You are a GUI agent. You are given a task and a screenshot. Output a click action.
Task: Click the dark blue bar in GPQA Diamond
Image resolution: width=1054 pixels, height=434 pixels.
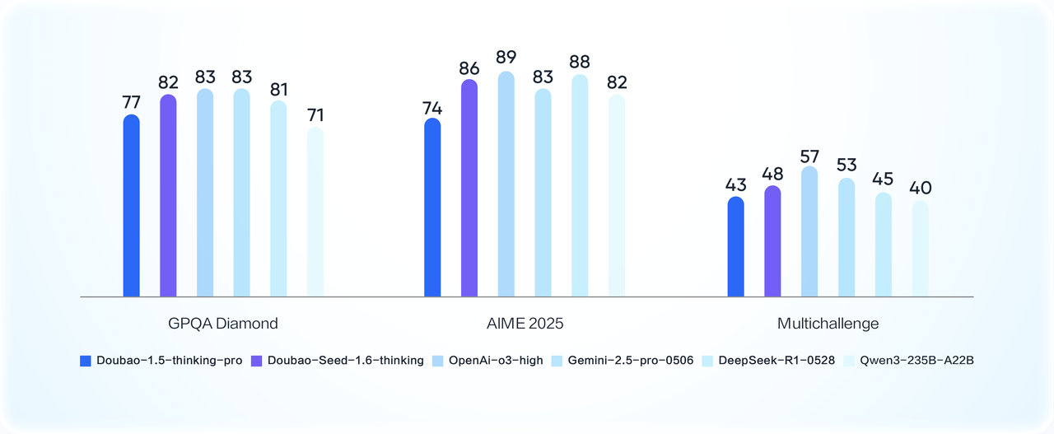[x=131, y=206]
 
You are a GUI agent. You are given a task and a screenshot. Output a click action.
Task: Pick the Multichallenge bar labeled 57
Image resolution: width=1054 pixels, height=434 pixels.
[x=809, y=231]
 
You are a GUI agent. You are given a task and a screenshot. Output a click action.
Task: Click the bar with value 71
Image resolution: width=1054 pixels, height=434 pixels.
[x=315, y=212]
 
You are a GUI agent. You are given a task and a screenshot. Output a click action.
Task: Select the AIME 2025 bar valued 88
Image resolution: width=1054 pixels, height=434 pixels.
[x=580, y=185]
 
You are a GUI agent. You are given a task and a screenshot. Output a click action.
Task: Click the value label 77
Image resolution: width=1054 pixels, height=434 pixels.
[x=131, y=102]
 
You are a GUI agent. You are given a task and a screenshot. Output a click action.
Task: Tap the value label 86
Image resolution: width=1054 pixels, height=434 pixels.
[x=469, y=68]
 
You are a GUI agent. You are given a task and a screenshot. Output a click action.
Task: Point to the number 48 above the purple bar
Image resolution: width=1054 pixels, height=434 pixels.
[x=772, y=174]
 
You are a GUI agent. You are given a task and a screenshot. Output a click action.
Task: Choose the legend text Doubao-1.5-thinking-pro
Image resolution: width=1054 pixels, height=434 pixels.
[x=169, y=361]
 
